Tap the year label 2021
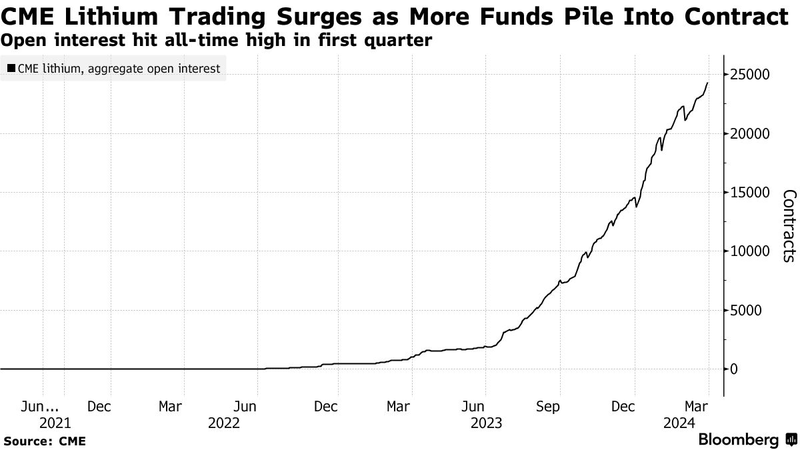(55, 423)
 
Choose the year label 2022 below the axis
(223, 423)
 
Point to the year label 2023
(485, 423)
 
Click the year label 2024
(680, 423)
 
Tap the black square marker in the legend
(11, 69)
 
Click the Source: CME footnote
(44, 441)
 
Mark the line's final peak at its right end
(707, 83)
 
